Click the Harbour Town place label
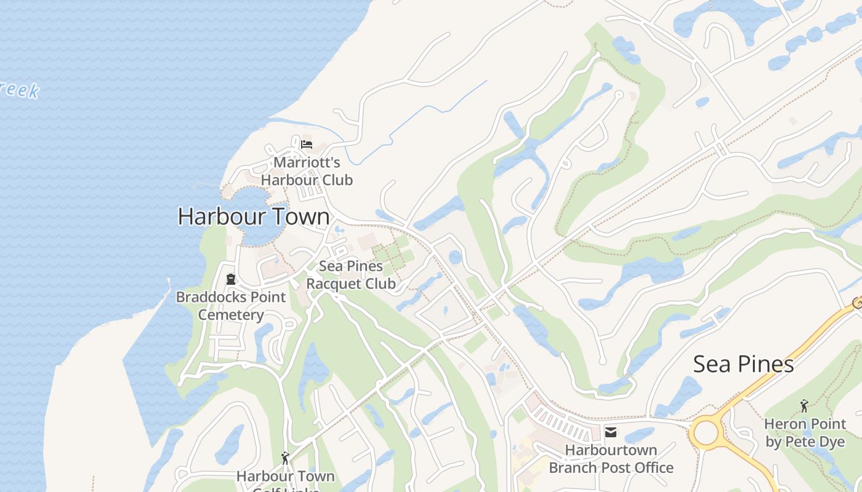[x=254, y=216]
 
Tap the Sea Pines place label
[x=743, y=364]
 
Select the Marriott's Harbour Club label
[x=307, y=171]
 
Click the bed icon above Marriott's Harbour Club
[x=307, y=145]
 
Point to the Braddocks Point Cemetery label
[x=231, y=306]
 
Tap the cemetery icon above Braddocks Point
[x=231, y=279]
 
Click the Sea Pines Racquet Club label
[x=351, y=275]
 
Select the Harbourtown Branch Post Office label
[x=611, y=459]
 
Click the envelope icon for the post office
[x=611, y=432]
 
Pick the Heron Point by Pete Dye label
[x=805, y=432]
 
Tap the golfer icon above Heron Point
[x=804, y=406]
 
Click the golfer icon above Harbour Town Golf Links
[x=285, y=458]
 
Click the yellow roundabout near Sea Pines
[x=706, y=434]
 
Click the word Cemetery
[x=231, y=315]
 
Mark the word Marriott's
[x=307, y=162]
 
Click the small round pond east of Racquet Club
[x=455, y=257]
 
